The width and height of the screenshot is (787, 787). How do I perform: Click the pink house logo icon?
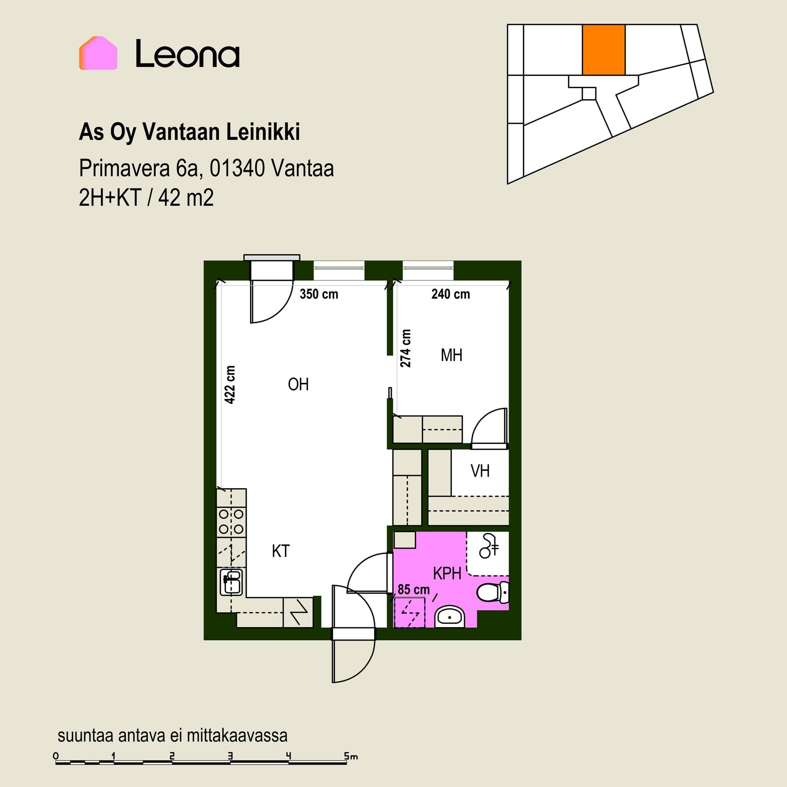98,53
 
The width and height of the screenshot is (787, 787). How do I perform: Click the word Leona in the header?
187,53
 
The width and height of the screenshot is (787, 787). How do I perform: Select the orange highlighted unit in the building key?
604,50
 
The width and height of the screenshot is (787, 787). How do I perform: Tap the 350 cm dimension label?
319,294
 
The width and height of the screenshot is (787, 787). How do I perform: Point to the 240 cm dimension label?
450,294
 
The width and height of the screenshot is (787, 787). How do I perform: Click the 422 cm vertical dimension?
230,384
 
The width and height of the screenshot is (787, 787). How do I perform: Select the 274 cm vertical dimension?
405,348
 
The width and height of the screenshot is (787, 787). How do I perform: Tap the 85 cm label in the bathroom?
414,589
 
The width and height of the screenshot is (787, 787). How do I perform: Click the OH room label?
298,384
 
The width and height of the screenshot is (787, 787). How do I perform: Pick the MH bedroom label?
451,355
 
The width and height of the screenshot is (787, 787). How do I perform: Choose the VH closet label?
480,471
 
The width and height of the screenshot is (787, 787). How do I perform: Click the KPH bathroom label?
447,573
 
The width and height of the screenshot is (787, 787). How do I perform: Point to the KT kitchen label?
281,551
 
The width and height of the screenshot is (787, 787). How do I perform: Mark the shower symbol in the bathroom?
489,546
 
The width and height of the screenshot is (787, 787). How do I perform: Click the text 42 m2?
186,198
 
